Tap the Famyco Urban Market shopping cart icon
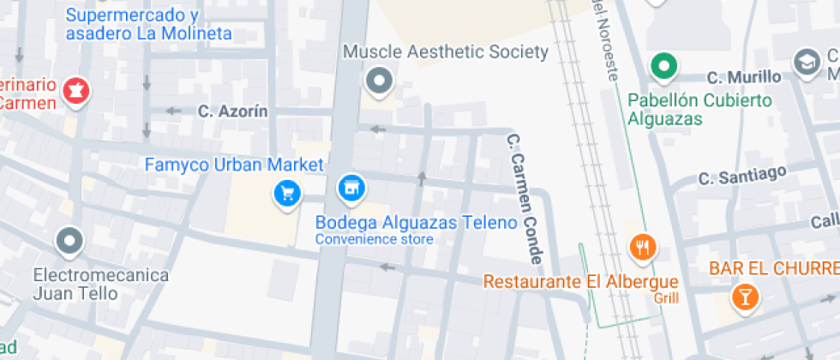pos(287,192)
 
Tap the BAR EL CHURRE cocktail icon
pos(744,297)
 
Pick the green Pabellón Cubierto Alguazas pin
pos(663,65)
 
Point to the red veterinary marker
pos(76,89)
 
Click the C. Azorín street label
pos(232,111)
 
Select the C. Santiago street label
pos(742,176)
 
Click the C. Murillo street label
pos(747,77)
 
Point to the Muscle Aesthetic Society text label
pos(445,52)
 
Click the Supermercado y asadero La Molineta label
pos(148,25)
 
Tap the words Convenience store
pos(375,239)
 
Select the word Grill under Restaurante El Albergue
pos(665,298)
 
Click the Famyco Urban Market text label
pos(234,165)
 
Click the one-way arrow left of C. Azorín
pos(174,111)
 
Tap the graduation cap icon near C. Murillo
pos(806,62)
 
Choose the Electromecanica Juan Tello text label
pos(100,285)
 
